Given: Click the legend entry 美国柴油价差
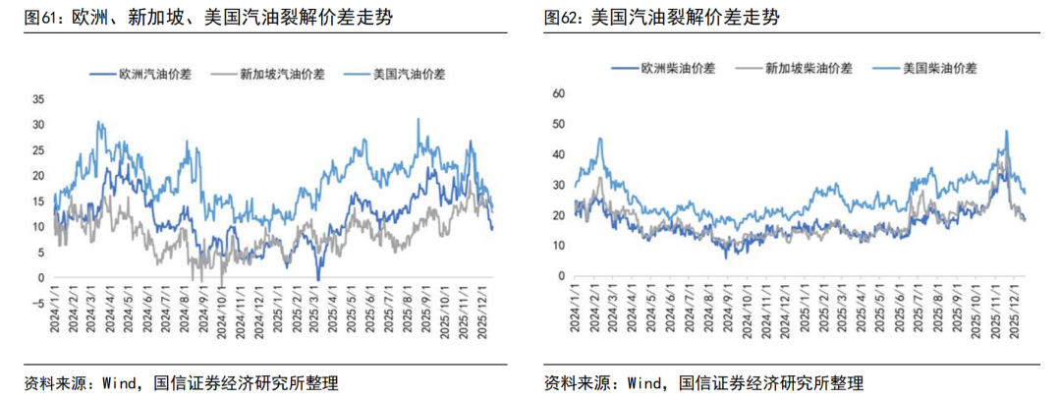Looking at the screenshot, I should (939, 68).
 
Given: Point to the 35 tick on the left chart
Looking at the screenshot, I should (39, 99).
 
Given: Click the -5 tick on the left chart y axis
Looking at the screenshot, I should (39, 303).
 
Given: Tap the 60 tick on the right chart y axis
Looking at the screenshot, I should (559, 93).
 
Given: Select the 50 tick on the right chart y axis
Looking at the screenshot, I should (559, 124).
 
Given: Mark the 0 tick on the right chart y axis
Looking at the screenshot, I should (562, 276).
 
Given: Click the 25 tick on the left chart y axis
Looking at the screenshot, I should (39, 150).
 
